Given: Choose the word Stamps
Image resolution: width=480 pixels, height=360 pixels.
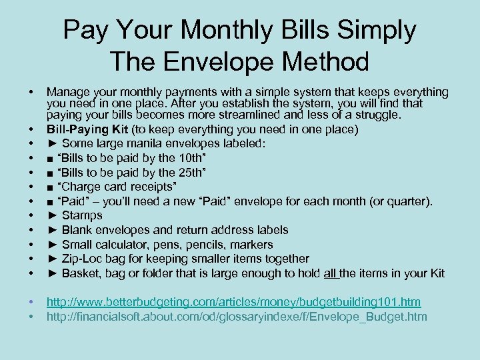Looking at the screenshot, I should (82, 215).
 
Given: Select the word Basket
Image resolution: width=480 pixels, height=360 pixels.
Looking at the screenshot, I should (83, 273).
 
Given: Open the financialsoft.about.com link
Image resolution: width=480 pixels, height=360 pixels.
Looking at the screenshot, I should (237, 317).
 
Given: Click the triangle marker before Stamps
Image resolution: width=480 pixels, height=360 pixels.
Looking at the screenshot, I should (53, 215).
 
